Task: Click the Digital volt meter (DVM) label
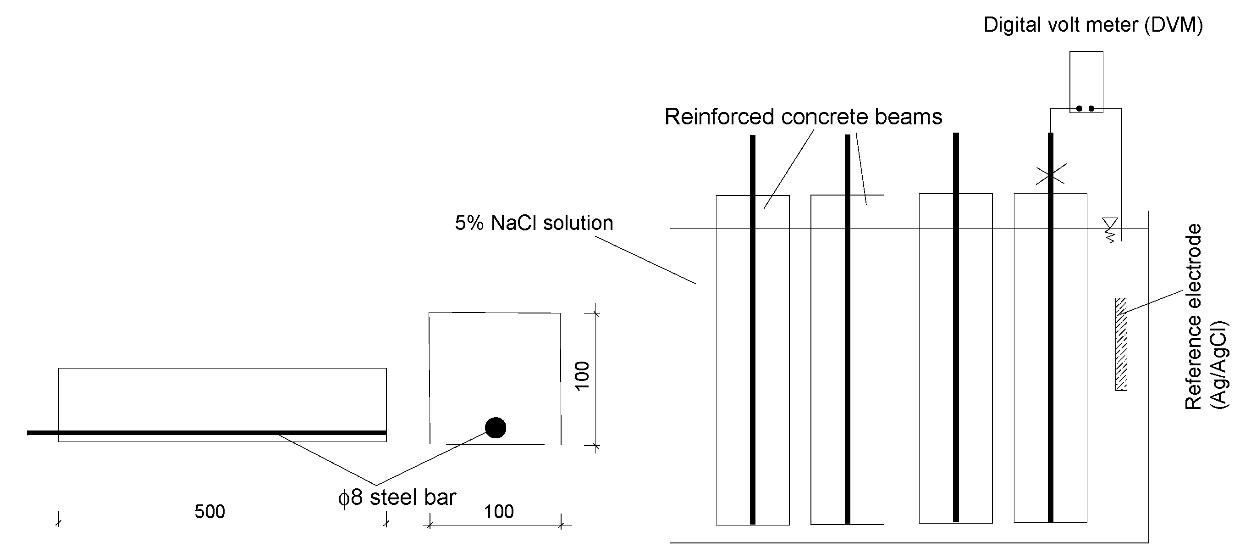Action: coord(1093,25)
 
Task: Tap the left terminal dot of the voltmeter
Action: coord(1079,108)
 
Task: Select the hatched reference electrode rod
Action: coord(1121,344)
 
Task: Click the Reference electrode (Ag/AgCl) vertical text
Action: coord(1205,316)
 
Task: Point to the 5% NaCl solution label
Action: coord(534,223)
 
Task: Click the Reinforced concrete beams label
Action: coord(803,117)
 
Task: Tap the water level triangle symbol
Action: coord(1110,223)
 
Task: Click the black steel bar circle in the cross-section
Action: coord(496,428)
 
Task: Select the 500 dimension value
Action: coord(210,511)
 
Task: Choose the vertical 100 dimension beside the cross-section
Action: coord(582,375)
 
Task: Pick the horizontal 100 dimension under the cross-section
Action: coord(499,511)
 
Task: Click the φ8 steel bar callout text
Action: coord(397,497)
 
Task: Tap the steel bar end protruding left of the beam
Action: coord(42,433)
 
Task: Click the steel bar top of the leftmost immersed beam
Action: coord(753,139)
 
